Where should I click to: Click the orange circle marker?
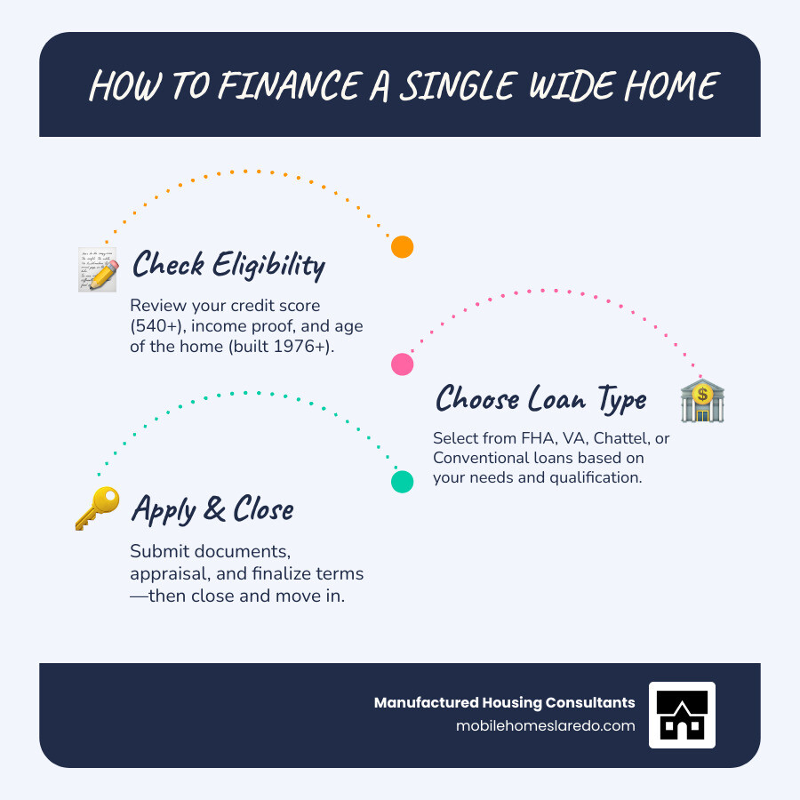point(403,247)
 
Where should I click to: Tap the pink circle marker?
point(403,364)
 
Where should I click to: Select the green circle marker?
point(403,482)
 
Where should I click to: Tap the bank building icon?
point(702,400)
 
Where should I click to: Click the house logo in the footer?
point(682,715)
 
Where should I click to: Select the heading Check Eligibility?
point(228,266)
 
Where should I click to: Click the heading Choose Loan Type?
point(540,399)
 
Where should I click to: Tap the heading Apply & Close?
point(212,509)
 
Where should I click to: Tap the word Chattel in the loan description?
point(603,438)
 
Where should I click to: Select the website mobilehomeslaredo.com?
point(545,725)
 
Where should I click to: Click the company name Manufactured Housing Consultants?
point(504,702)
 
